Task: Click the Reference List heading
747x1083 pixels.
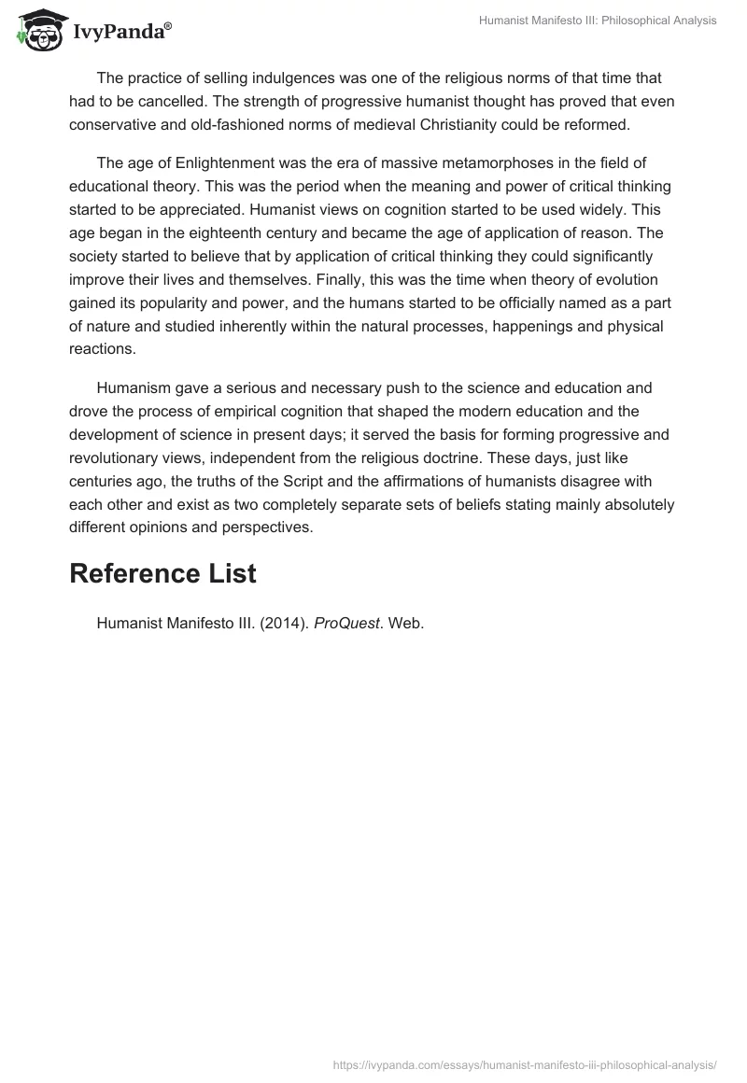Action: (x=162, y=573)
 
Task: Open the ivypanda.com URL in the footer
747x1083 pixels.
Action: (x=525, y=1063)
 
